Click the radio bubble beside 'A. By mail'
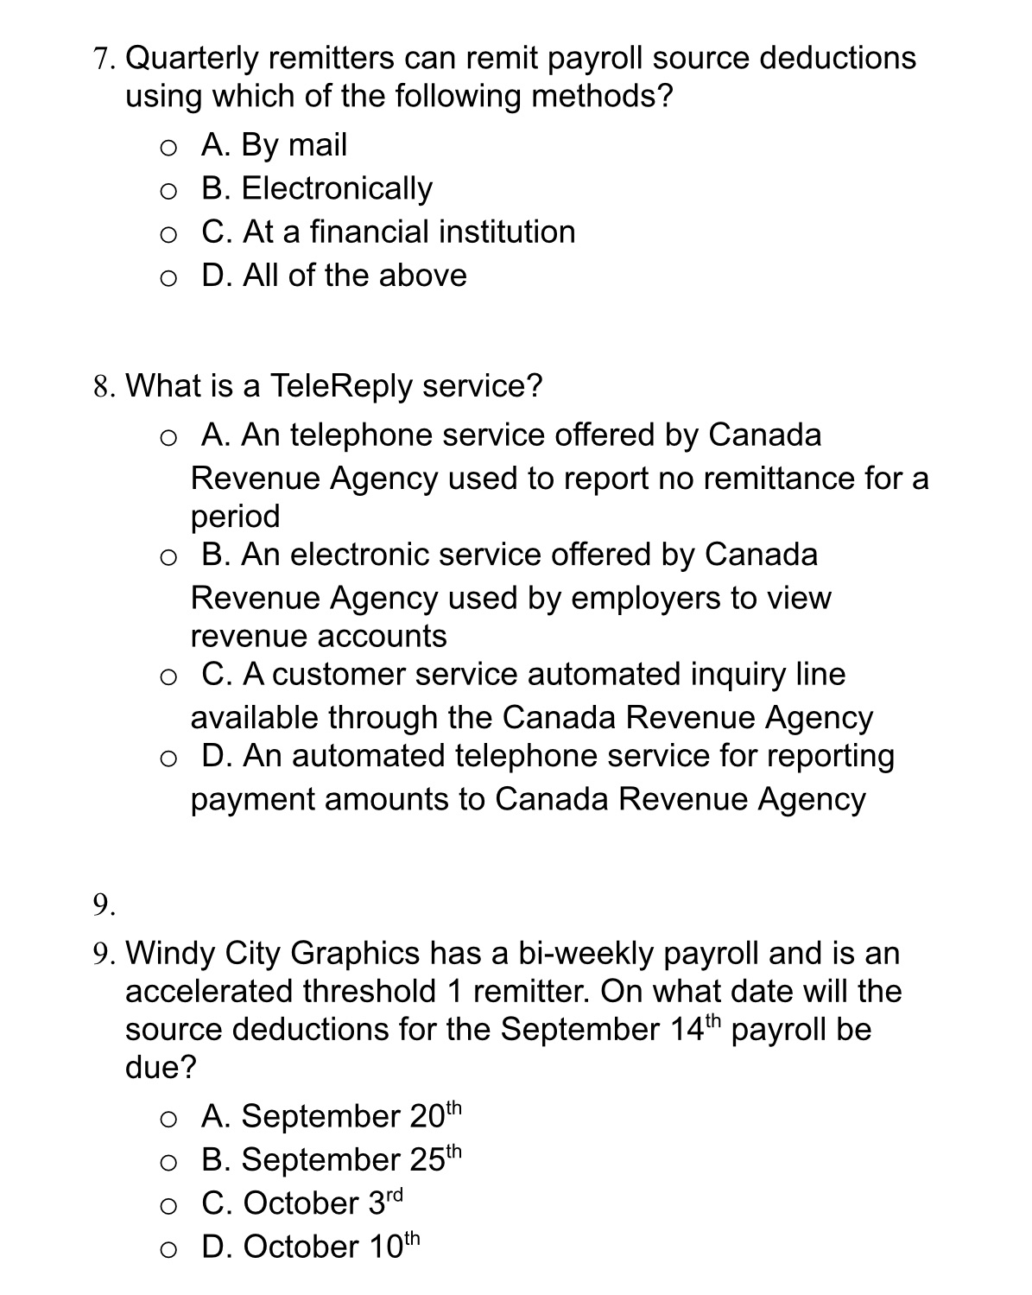pos(169,148)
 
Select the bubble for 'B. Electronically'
pos(169,191)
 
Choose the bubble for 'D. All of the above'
pos(169,278)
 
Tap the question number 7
pos(104,60)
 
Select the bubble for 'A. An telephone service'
pos(169,438)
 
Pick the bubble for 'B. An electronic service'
pos(169,557)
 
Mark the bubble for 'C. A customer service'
pos(169,677)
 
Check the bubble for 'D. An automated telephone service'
pos(169,759)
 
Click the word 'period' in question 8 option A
pos(236,517)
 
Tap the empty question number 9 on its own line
pos(104,905)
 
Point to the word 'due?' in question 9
pos(161,1068)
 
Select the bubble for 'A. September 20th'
pos(169,1120)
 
